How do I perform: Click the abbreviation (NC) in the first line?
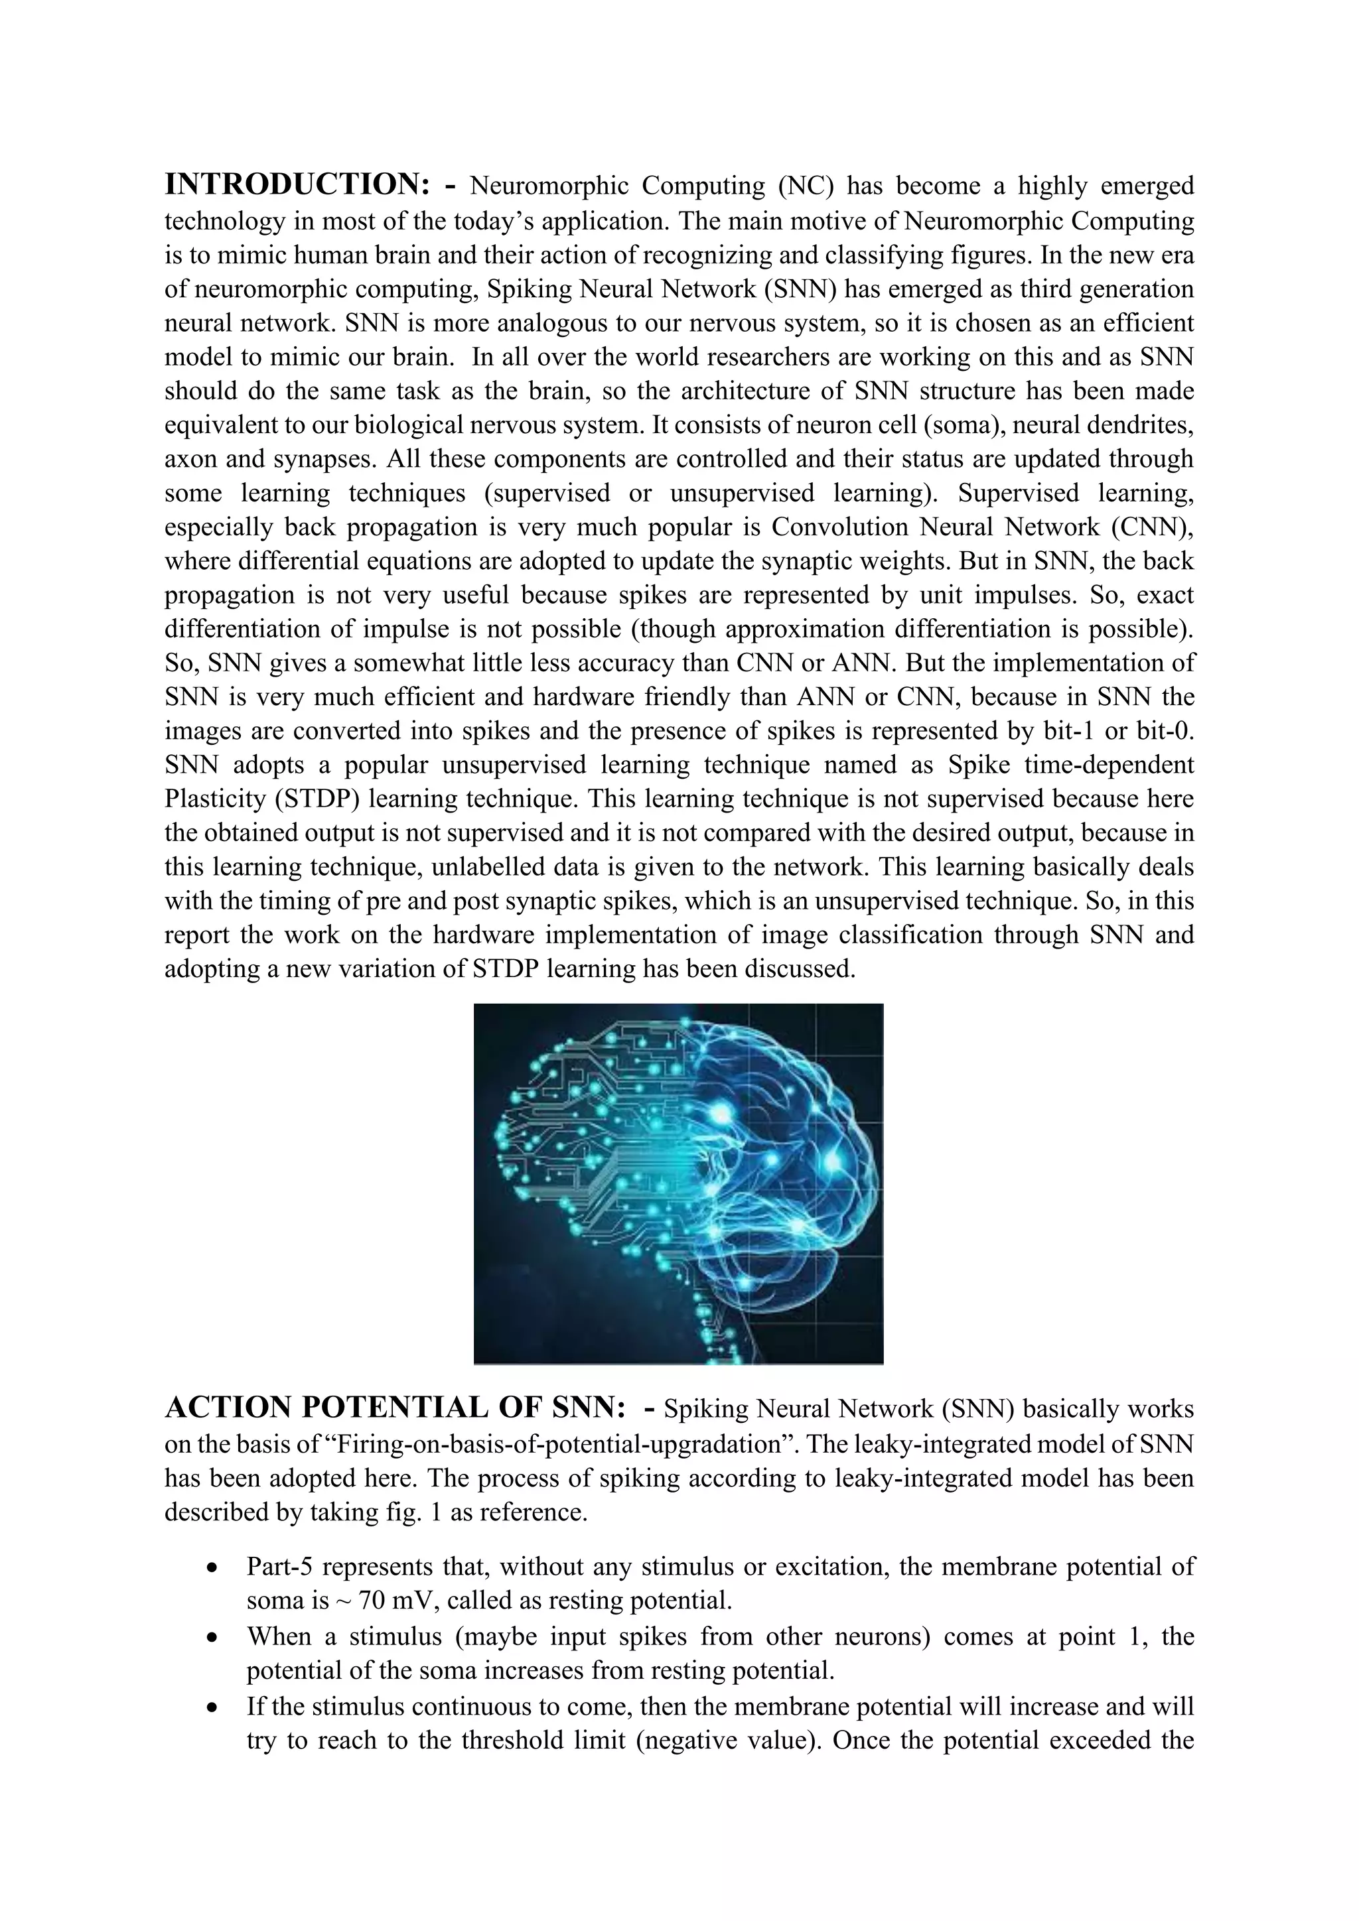(x=805, y=186)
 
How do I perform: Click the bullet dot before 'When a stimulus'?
(x=216, y=1637)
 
